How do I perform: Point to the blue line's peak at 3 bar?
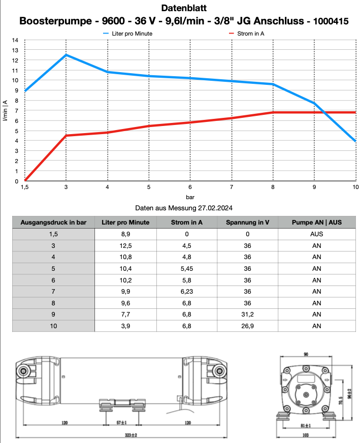pyautogui.click(x=66, y=55)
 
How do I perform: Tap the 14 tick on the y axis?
pyautogui.click(x=15, y=40)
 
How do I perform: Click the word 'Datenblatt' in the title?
pyautogui.click(x=184, y=8)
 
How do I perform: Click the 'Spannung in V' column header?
pyautogui.click(x=248, y=222)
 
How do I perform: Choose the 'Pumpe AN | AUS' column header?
pyautogui.click(x=316, y=222)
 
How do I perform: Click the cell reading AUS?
pyautogui.click(x=316, y=235)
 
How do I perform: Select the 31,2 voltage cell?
pyautogui.click(x=248, y=313)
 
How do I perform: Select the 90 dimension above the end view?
pyautogui.click(x=306, y=354)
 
